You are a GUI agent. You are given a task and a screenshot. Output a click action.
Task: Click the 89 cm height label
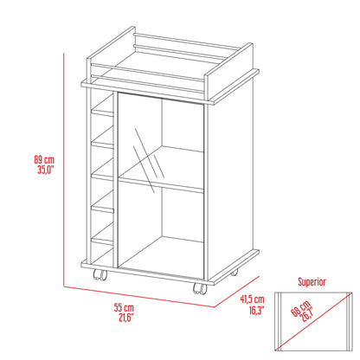click(44, 159)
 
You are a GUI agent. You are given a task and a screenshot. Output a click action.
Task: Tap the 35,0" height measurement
click(46, 170)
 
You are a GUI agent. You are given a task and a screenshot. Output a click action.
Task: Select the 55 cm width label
click(124, 307)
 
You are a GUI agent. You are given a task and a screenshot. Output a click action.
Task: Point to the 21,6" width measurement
click(126, 318)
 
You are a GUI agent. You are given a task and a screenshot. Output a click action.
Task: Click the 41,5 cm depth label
click(252, 299)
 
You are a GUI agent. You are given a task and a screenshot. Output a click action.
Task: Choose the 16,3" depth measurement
click(256, 311)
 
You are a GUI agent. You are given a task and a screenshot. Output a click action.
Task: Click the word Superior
click(312, 281)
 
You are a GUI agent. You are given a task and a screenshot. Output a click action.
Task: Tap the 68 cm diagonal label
click(300, 308)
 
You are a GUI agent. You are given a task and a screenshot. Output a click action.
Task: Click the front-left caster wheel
click(100, 274)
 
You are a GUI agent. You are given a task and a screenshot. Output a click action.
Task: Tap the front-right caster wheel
click(200, 288)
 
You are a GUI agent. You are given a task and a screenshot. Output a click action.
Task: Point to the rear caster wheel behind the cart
click(235, 272)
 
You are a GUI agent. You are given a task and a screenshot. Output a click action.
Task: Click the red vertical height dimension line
click(63, 170)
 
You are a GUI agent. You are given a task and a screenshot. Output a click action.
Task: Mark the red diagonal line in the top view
click(314, 322)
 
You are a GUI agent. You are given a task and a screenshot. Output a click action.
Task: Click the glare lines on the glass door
click(149, 160)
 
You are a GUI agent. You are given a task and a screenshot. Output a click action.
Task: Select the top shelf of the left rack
click(102, 112)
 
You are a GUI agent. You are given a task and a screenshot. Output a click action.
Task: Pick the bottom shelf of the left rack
click(102, 241)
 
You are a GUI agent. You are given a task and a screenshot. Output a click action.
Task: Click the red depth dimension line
click(237, 292)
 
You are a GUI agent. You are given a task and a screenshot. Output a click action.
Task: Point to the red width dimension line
click(138, 297)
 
